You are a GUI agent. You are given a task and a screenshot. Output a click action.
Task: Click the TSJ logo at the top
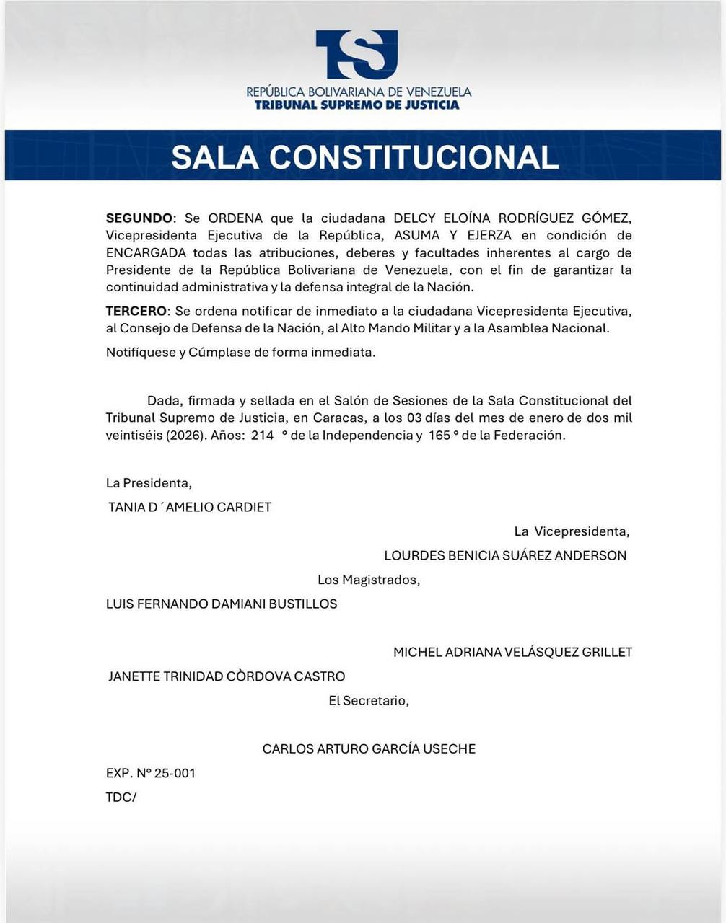click(357, 55)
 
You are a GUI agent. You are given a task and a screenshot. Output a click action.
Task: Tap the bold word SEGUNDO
click(139, 218)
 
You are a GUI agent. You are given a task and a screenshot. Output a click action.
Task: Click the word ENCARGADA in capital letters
click(146, 253)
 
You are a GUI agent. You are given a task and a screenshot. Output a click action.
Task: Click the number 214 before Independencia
click(263, 436)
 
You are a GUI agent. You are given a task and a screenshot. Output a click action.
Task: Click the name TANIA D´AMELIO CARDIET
click(190, 507)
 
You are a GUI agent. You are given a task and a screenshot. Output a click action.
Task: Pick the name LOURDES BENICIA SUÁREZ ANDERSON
click(505, 555)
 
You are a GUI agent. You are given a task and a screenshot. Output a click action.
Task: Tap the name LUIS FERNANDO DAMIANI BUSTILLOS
click(222, 604)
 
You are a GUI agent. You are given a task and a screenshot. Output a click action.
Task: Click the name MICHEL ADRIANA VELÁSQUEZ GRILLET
click(512, 652)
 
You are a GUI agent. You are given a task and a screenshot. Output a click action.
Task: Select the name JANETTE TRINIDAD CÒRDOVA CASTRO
click(227, 676)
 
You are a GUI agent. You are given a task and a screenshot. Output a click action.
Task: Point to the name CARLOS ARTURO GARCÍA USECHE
click(369, 748)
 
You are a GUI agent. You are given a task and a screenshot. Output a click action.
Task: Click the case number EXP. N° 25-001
click(151, 773)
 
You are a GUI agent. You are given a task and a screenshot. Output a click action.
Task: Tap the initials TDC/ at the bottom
click(121, 797)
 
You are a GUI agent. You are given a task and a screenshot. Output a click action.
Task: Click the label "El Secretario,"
click(369, 700)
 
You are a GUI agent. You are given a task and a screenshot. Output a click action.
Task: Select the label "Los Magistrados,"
click(369, 580)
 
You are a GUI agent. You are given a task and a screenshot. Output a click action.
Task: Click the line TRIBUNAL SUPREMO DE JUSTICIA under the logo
click(357, 105)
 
